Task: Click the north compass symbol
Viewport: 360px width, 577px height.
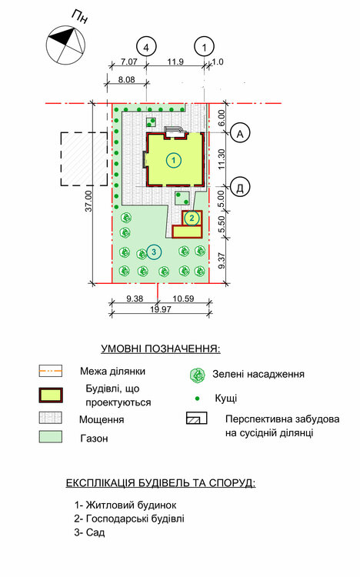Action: tap(66, 45)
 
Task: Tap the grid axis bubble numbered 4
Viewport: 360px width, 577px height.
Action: tap(146, 47)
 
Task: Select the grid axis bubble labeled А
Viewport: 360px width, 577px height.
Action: tap(240, 133)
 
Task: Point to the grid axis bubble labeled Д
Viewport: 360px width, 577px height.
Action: tap(240, 187)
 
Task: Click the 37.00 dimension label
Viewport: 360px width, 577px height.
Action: tap(88, 201)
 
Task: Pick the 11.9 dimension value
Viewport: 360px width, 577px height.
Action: tap(175, 62)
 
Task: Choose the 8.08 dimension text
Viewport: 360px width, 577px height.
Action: tap(126, 79)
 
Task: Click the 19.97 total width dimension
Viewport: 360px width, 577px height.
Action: tap(161, 309)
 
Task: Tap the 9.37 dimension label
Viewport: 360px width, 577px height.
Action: tap(222, 260)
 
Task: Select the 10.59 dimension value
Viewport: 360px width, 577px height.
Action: tap(183, 299)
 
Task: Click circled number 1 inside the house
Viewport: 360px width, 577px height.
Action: tap(174, 160)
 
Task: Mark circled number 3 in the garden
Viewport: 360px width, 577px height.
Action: tap(154, 252)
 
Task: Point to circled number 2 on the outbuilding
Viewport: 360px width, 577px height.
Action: tap(192, 218)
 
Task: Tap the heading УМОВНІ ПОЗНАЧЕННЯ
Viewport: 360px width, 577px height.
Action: tap(161, 349)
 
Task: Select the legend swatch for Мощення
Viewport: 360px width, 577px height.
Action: tap(51, 418)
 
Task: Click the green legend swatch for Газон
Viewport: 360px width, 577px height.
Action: tap(51, 437)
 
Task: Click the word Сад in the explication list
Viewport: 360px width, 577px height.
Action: tap(95, 532)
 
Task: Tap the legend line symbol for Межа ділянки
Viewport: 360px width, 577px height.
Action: tap(51, 371)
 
